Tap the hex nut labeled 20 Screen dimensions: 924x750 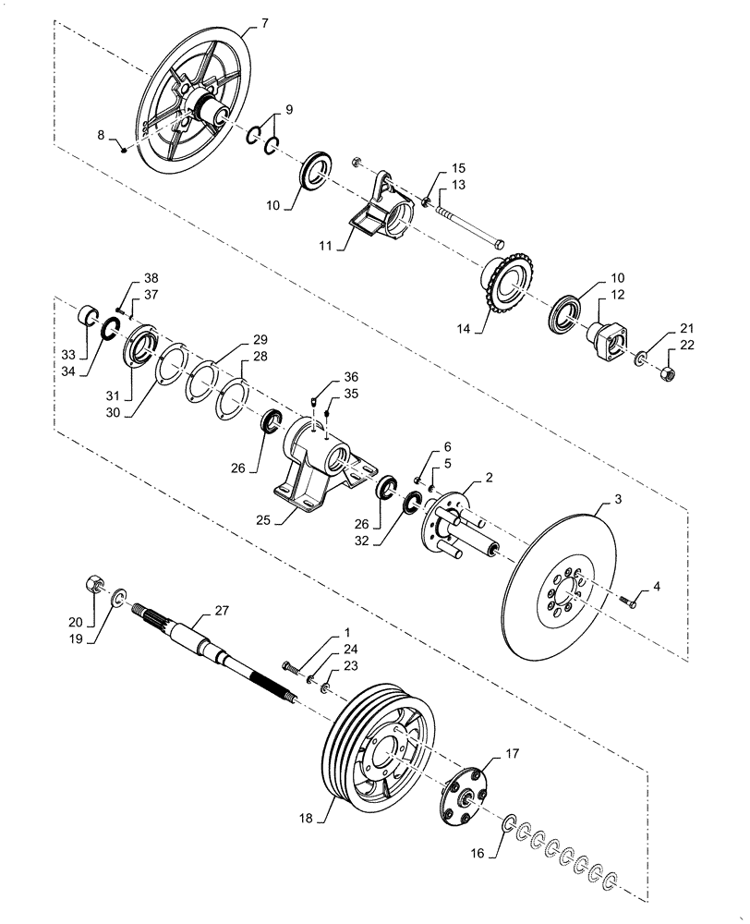pyautogui.click(x=92, y=584)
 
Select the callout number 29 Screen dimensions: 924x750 pyautogui.click(x=260, y=340)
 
